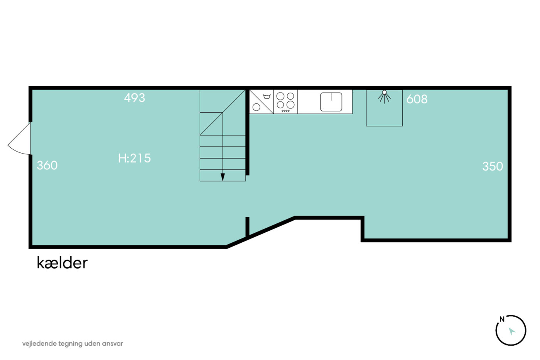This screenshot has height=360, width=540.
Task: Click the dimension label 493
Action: [135, 98]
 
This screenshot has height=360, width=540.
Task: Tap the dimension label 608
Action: [417, 99]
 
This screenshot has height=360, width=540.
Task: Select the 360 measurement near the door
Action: [47, 166]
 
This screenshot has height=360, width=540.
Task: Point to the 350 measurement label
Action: [493, 166]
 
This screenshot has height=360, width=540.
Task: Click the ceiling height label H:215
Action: [134, 158]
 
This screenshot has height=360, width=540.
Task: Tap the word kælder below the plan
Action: [62, 263]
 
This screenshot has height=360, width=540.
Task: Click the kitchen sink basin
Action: [331, 102]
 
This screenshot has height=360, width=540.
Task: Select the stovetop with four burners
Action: [286, 102]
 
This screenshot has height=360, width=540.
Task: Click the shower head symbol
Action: [384, 96]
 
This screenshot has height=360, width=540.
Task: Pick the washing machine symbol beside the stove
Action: [262, 102]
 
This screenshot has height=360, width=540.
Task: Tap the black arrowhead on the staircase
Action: [223, 177]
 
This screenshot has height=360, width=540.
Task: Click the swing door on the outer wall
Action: [19, 139]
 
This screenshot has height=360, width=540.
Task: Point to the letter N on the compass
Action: [502, 319]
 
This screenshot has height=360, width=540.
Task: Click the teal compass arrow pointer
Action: [511, 331]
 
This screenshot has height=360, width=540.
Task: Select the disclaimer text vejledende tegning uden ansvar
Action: [73, 344]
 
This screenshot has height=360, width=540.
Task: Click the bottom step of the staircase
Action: [223, 176]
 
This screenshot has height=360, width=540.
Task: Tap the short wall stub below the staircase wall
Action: [247, 226]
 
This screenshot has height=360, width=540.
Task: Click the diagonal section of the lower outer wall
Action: [260, 232]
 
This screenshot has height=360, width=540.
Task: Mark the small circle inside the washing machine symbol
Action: [256, 107]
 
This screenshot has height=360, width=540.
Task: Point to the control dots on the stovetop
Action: [286, 111]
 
